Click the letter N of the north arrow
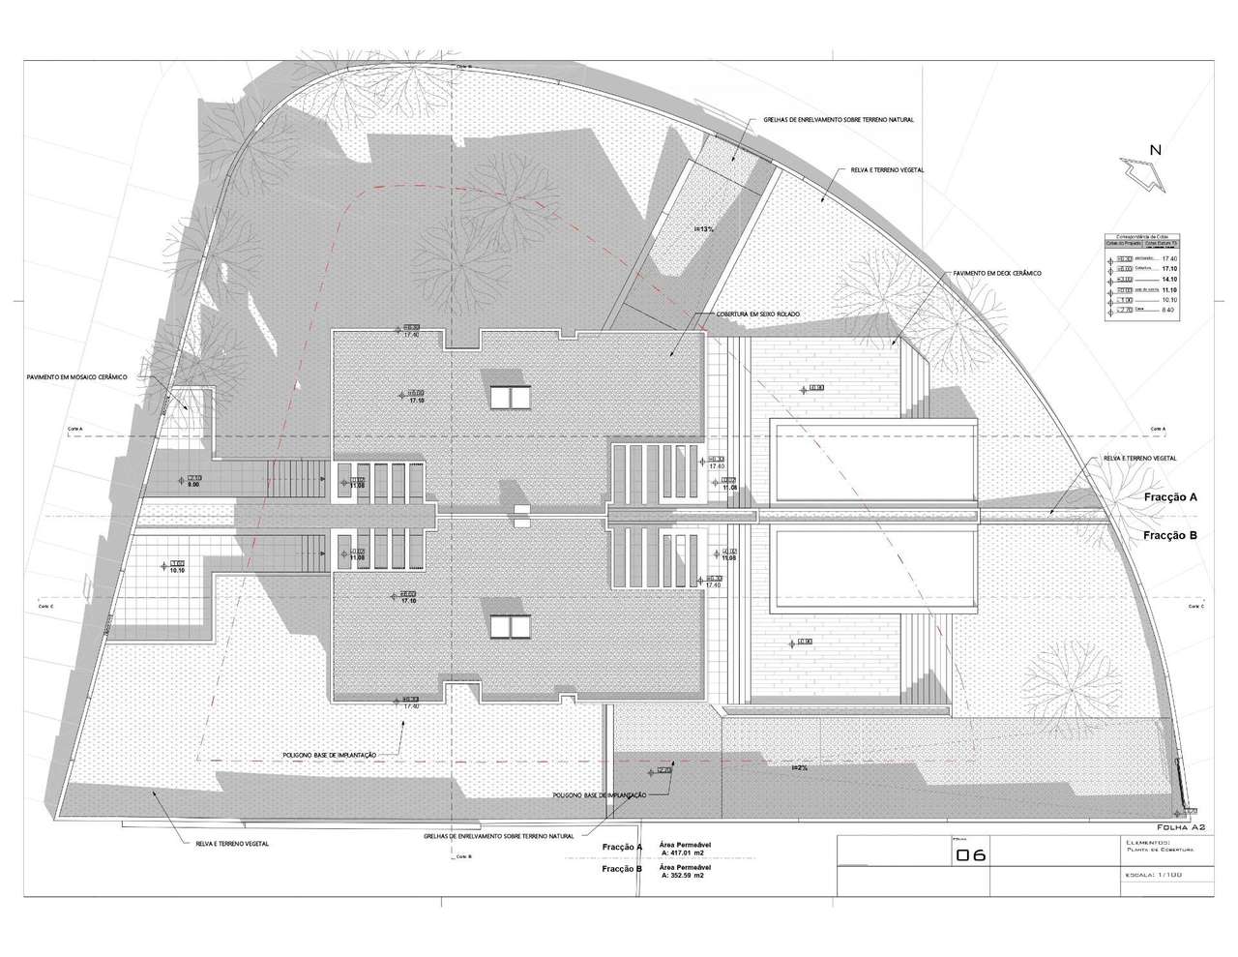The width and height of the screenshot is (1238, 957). [1155, 149]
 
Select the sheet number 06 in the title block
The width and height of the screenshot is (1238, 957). [970, 855]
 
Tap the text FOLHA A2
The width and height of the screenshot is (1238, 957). [1180, 827]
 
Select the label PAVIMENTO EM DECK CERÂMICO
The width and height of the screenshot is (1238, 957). [997, 274]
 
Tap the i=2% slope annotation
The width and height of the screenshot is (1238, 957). [799, 767]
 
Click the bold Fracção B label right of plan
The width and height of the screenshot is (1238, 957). [1170, 534]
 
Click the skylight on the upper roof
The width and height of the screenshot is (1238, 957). [510, 396]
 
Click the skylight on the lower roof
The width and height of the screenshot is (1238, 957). [510, 627]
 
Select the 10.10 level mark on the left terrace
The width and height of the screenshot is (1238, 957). [177, 571]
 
